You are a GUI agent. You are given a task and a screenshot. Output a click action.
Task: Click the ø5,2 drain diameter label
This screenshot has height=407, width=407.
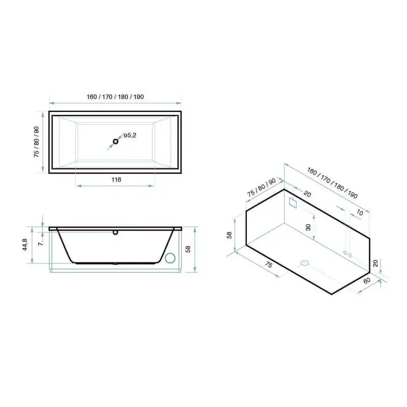click(130, 135)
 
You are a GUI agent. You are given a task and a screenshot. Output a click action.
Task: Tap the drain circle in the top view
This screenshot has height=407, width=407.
click(115, 141)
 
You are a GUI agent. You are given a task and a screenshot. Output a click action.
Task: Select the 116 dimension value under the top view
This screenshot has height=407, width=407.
click(117, 180)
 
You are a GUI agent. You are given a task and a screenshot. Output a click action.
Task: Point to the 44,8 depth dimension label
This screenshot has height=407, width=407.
click(24, 245)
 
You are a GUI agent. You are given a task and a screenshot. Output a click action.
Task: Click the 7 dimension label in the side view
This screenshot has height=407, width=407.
click(41, 244)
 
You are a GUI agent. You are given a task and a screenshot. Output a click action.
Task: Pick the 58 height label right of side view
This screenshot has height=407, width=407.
click(188, 249)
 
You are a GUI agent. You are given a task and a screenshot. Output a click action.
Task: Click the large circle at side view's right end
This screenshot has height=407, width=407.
click(170, 258)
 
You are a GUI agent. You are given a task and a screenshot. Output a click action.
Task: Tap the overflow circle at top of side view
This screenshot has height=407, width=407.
click(115, 232)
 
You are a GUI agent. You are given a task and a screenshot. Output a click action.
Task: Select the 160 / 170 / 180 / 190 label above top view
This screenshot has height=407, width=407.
click(115, 97)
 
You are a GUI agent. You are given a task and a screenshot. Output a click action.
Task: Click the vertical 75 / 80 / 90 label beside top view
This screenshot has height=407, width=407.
click(36, 142)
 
